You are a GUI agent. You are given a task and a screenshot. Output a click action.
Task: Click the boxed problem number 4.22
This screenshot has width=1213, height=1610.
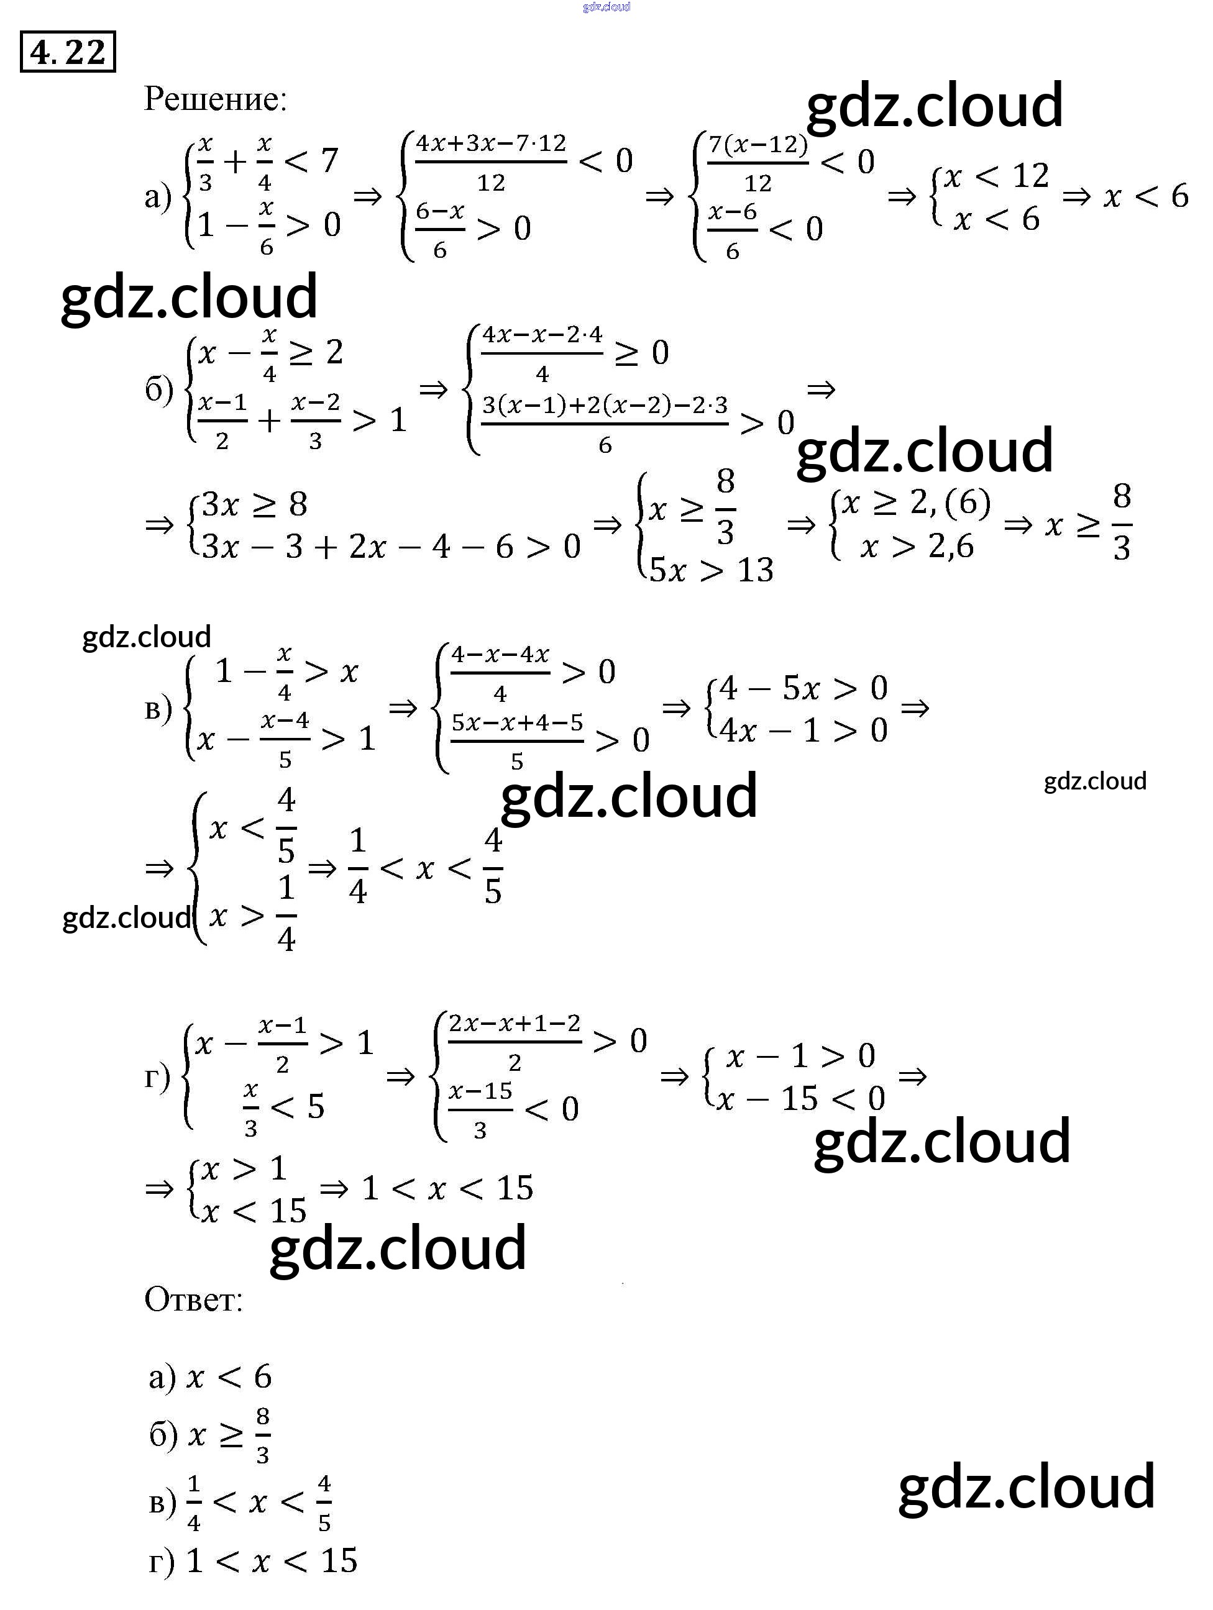coord(68,52)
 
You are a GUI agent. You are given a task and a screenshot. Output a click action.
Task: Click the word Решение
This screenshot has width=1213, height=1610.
coord(216,99)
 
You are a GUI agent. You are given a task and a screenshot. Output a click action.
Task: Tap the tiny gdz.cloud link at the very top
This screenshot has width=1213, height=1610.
coord(606,7)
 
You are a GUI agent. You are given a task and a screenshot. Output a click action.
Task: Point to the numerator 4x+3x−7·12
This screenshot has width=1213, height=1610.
coord(491,143)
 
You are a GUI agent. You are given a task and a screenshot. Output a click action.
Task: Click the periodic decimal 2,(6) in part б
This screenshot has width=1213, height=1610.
coord(950,503)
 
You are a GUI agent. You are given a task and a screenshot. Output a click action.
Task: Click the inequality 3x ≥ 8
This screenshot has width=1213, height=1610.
coord(254,504)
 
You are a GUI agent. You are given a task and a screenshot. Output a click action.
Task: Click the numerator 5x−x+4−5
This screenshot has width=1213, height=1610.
coord(517,723)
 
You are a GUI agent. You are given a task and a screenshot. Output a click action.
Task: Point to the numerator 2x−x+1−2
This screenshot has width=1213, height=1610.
coord(514,1024)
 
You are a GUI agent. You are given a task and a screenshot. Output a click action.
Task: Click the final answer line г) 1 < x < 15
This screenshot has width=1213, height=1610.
coord(253,1561)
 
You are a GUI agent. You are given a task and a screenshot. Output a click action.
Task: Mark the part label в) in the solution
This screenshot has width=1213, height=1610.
coord(158,708)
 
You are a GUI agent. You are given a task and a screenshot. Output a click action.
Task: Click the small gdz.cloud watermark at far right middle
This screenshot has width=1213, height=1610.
coord(1094,781)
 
